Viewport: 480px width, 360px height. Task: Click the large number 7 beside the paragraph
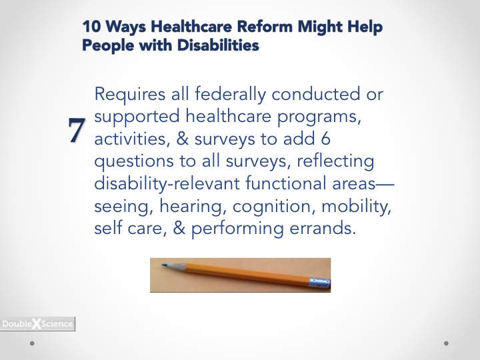coord(77,130)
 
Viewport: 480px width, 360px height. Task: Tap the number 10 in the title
coord(91,26)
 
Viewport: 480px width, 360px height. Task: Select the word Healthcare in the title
coord(191,26)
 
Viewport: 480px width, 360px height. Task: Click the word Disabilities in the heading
coord(218,45)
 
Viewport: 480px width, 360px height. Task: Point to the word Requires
coord(130,94)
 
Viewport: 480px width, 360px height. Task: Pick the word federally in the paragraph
coord(230,94)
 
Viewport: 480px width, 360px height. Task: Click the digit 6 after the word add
coord(325,139)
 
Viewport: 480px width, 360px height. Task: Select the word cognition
coord(274,207)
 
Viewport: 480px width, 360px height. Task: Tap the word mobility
coord(356,206)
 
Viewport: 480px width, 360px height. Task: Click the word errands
coord(323,229)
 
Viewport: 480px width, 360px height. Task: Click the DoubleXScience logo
coord(37,324)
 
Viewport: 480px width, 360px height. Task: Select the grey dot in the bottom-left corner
coord(32,343)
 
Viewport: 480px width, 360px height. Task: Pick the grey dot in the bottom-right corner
coord(446,343)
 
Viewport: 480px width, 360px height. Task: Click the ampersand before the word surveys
coord(183,139)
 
